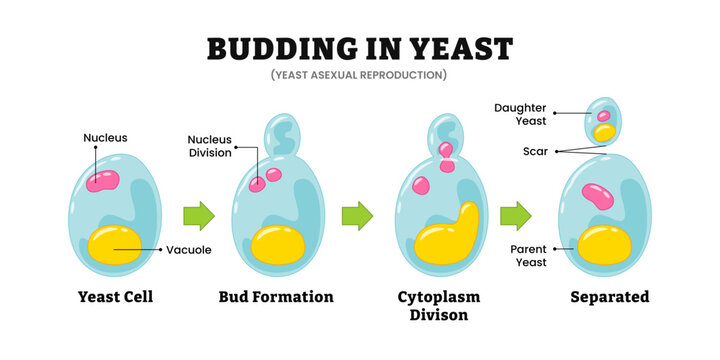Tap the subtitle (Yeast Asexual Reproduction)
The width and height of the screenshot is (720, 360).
[x=359, y=75]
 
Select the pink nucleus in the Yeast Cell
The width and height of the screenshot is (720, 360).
[x=102, y=181]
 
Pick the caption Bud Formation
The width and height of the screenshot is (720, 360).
[x=276, y=297]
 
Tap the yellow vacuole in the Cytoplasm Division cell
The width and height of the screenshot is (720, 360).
[x=445, y=240]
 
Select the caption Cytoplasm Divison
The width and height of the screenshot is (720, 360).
[x=441, y=306]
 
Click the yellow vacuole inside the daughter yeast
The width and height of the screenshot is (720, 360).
[x=604, y=132]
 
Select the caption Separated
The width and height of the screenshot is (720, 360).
[x=609, y=297]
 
